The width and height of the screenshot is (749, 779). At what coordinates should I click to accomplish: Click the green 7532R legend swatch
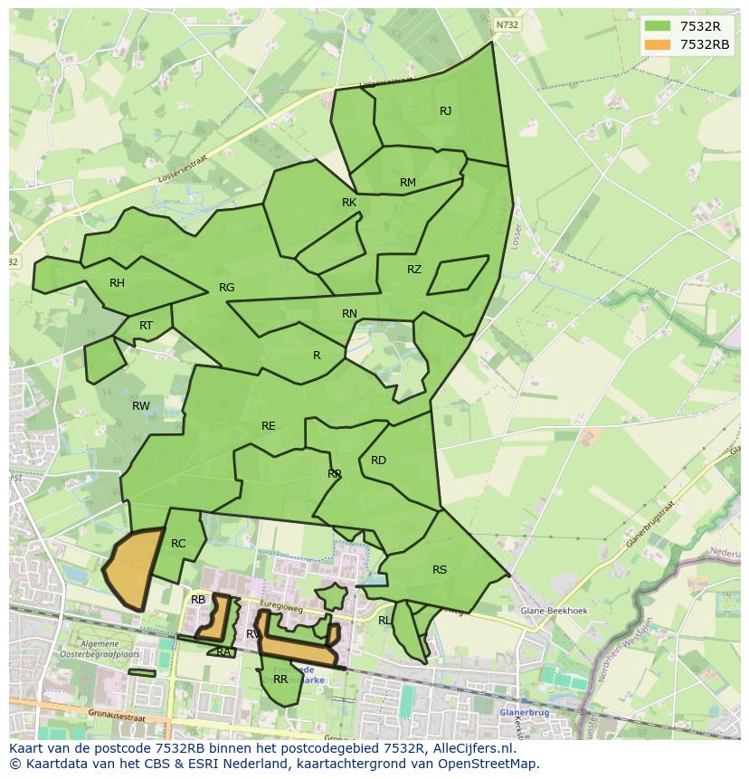click(658, 26)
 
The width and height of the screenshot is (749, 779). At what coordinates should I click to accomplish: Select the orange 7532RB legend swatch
click(658, 44)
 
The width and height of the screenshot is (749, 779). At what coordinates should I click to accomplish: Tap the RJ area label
click(445, 111)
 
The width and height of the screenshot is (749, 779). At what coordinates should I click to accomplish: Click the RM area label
click(408, 183)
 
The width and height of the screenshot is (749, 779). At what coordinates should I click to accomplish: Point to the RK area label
click(349, 203)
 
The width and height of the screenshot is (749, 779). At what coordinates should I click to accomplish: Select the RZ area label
click(414, 270)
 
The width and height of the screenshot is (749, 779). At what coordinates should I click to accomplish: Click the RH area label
click(117, 283)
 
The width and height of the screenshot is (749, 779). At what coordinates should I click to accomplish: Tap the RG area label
click(226, 288)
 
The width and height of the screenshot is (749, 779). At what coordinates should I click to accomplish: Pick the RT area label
click(146, 326)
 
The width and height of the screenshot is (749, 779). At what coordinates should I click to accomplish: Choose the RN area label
click(349, 314)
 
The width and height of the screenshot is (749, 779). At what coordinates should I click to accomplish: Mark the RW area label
click(141, 406)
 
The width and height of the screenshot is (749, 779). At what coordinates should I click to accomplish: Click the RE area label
click(269, 426)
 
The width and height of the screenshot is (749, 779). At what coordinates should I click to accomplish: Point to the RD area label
click(378, 461)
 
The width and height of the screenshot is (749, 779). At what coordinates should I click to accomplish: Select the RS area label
click(440, 570)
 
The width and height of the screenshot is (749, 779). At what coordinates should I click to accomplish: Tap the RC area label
click(178, 544)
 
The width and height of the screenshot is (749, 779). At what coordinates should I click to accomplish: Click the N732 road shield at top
click(507, 25)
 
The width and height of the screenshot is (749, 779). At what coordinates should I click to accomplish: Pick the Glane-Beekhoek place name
click(555, 611)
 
